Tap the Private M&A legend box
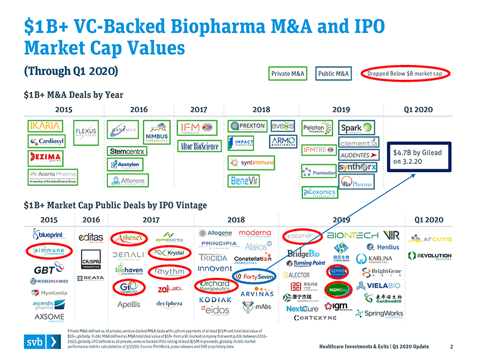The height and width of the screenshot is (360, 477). [x=289, y=73]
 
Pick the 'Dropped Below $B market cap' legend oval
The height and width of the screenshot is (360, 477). [x=408, y=73]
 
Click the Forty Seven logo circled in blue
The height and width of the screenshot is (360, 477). [x=255, y=276]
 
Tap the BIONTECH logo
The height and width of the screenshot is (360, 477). [x=352, y=234]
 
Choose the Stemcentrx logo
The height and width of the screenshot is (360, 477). [x=127, y=151]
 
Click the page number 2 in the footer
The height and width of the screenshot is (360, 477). [x=451, y=346]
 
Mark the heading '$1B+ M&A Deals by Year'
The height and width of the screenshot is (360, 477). [x=73, y=94]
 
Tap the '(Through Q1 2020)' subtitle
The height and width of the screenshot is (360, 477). [x=70, y=70]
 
